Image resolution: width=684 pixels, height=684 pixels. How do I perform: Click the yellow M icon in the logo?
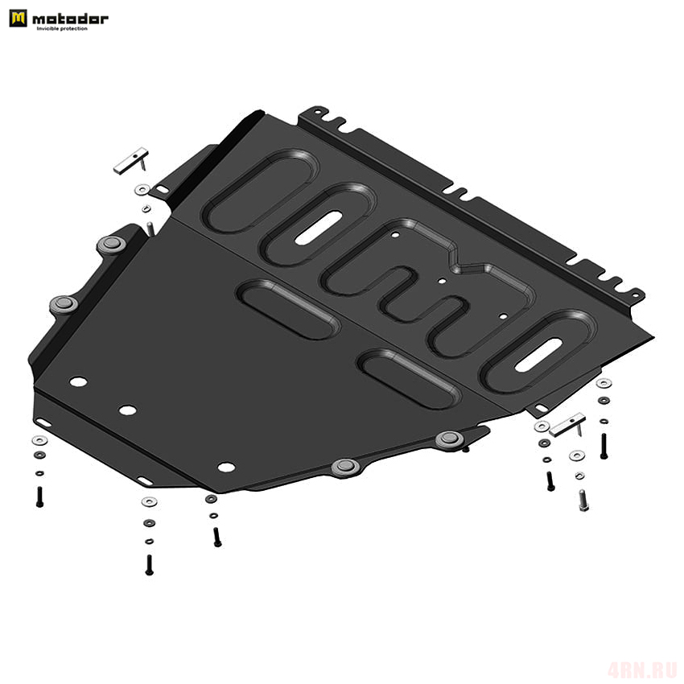[x=18, y=19]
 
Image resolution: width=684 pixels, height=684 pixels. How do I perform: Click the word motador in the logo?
[x=70, y=19]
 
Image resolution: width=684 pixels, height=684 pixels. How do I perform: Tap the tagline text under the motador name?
[x=62, y=29]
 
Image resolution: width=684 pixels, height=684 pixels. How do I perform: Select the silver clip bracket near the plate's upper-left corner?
[x=131, y=161]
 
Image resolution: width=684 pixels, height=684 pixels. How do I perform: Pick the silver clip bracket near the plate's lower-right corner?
[x=567, y=425]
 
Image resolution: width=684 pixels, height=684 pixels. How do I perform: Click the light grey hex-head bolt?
[x=583, y=501]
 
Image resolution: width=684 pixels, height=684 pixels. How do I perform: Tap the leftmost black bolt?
[x=39, y=497]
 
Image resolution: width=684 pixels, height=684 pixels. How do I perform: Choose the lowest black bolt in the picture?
[x=149, y=565]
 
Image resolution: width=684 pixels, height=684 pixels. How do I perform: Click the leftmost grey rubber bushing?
[x=64, y=303]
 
